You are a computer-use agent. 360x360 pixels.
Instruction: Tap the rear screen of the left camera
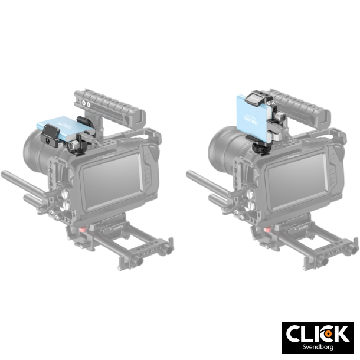[x=109, y=181]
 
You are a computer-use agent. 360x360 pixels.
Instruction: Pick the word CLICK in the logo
[x=317, y=333]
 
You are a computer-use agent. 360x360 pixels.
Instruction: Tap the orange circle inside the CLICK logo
[x=329, y=333]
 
